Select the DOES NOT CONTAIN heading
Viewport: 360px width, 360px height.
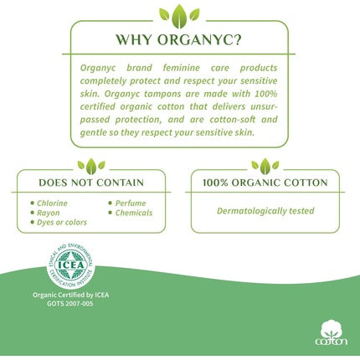(91, 183)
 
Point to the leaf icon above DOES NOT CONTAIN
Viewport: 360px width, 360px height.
(91, 165)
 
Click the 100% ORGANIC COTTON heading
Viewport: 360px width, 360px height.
(265, 183)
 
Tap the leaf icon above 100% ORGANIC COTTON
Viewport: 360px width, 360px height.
(265, 165)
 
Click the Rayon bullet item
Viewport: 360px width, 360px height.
(49, 213)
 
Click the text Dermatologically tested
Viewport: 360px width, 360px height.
(265, 210)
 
